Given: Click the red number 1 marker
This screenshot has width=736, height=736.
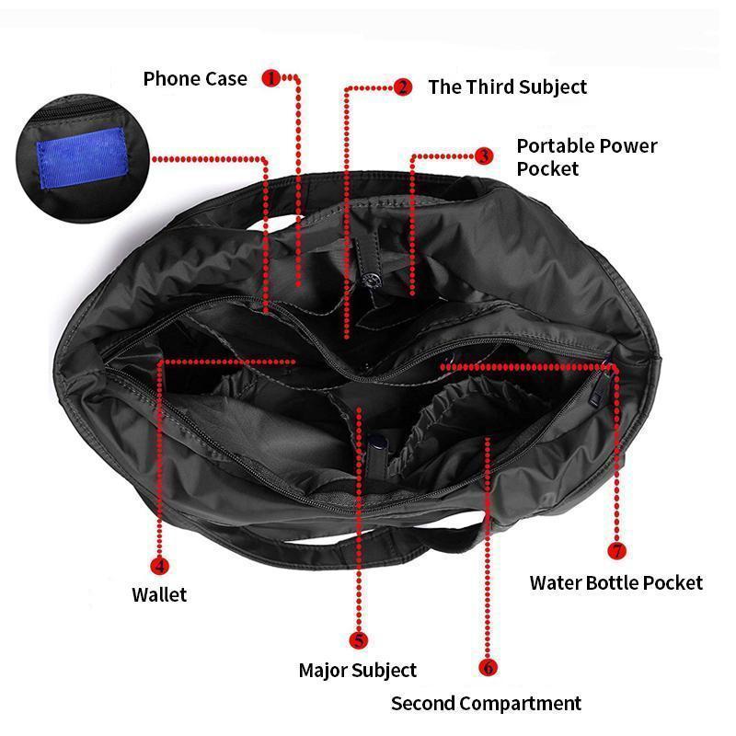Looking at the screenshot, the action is [270, 78].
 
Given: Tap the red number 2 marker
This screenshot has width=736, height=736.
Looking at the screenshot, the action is [402, 86].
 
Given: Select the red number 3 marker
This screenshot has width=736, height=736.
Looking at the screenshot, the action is [484, 155].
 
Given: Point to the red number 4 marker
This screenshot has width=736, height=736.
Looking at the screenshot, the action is [159, 566].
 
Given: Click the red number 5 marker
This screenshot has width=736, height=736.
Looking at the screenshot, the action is [359, 640].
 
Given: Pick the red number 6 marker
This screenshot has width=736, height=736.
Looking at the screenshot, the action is [488, 667].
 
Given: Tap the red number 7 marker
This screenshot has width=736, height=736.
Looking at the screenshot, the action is [616, 550].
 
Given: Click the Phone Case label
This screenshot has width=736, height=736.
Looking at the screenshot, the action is [195, 79].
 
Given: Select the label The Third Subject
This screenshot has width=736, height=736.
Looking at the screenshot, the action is [508, 87].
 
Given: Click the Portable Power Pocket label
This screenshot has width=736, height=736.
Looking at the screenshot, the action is [587, 157].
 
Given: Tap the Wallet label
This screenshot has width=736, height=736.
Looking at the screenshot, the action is [159, 594].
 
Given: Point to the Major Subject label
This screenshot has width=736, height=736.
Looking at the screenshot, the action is [358, 671].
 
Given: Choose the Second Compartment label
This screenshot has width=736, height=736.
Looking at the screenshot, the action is [487, 704].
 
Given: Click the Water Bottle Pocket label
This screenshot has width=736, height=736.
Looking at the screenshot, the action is [616, 583].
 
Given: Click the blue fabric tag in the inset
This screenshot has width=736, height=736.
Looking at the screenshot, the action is [82, 158].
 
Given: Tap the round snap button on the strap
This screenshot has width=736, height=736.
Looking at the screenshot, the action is [373, 281].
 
